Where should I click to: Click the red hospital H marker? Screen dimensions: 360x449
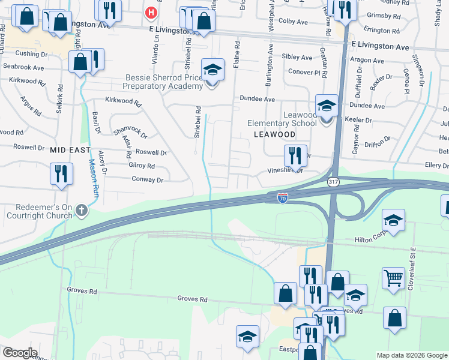click(151, 11)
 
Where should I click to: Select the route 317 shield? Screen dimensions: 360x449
click(333, 181)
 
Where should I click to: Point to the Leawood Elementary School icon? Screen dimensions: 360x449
click(326, 107)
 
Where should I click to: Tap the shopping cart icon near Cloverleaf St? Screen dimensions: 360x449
click(393, 277)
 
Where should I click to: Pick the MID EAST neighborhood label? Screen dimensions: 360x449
click(70, 149)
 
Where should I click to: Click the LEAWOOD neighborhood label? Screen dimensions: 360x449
click(274, 134)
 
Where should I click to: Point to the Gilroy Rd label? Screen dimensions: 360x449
click(142, 166)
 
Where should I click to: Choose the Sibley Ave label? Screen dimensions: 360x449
click(297, 58)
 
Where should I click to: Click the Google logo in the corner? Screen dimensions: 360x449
click(19, 353)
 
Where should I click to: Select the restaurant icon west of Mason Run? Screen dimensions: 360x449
click(61, 173)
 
